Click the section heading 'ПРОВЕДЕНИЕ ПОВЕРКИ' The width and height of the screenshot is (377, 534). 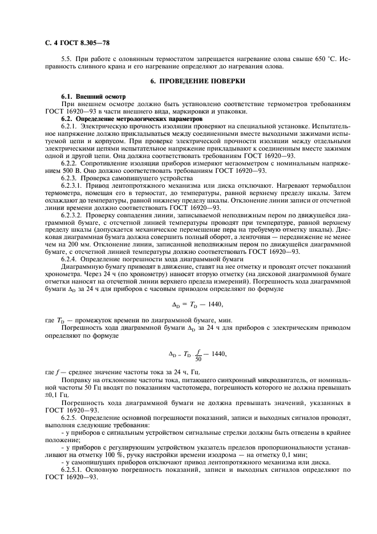pos(197,81)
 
